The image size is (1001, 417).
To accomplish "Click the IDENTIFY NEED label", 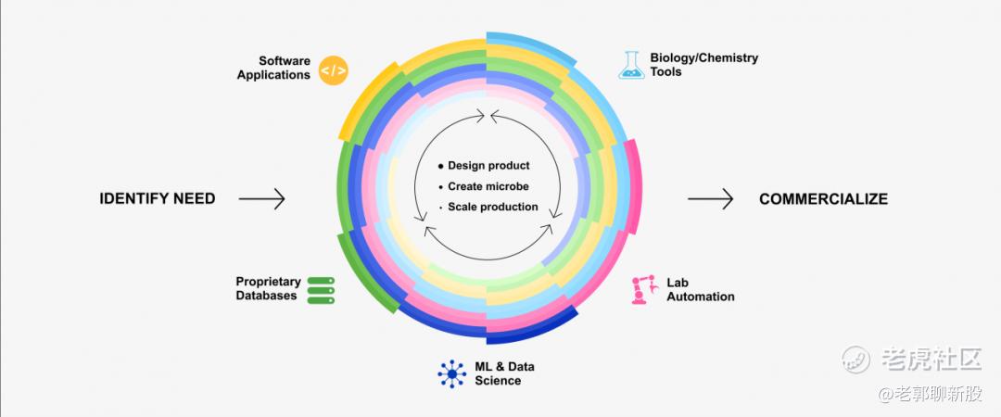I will [x=157, y=198].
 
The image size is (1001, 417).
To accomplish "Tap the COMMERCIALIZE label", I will [x=823, y=198].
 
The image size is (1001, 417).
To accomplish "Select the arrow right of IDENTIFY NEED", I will [x=261, y=198].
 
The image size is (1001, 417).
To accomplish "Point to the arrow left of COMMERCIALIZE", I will [x=710, y=198].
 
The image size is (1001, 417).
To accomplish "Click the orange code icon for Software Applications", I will [x=333, y=69].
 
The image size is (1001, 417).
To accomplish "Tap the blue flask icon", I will [x=632, y=64].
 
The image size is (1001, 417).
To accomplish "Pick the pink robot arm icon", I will [x=642, y=290].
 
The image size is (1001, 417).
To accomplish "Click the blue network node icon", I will [x=452, y=373].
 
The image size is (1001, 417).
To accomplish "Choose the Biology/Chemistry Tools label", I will [x=703, y=64].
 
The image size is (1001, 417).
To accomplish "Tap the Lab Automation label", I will [x=700, y=289].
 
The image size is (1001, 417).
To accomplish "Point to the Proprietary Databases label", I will [x=268, y=288].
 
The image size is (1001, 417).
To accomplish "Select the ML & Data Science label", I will [x=504, y=373].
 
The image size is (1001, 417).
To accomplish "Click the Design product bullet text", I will [x=488, y=166].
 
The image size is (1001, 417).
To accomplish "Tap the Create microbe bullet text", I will [x=488, y=186].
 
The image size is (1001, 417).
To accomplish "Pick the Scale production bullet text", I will [x=492, y=207].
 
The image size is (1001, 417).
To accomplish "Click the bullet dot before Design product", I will [x=440, y=167].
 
